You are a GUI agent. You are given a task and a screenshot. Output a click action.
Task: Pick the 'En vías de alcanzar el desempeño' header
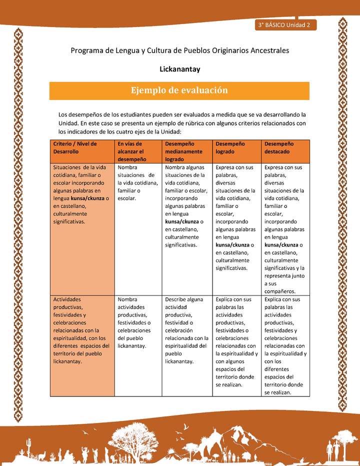[137, 151]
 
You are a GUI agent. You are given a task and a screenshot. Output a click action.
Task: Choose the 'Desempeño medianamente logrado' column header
[187, 151]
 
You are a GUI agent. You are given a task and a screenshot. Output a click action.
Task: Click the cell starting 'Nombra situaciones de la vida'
[137, 183]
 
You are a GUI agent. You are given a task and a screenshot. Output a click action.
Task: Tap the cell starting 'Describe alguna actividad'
[187, 330]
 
